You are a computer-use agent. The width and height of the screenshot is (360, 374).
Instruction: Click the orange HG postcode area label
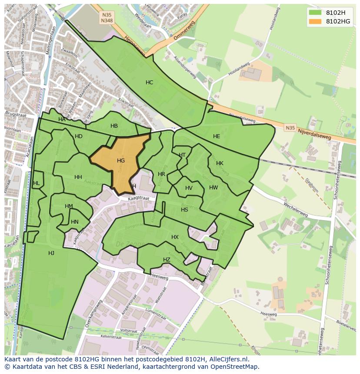pyautogui.click(x=121, y=161)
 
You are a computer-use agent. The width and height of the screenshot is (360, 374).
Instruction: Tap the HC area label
pyautogui.click(x=149, y=83)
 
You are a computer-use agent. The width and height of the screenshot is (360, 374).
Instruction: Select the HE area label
pyautogui.click(x=217, y=136)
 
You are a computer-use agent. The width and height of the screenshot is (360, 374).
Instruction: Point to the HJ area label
pyautogui.click(x=51, y=253)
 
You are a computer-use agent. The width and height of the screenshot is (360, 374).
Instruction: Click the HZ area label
pyautogui.click(x=167, y=260)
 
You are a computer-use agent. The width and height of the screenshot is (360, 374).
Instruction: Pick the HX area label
pyautogui.click(x=175, y=237)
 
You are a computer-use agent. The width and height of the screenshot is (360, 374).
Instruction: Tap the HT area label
pyautogui.click(x=182, y=155)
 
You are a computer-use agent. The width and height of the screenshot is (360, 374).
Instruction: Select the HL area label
pyautogui.click(x=36, y=183)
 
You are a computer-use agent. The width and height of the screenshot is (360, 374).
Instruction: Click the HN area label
pyautogui.click(x=75, y=222)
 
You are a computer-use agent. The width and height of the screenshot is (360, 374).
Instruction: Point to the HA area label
pyautogui.click(x=62, y=119)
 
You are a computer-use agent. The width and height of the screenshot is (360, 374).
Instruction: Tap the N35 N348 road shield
pyautogui.click(x=107, y=18)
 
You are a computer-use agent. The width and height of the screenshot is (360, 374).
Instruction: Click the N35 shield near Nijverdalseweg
pyautogui.click(x=290, y=128)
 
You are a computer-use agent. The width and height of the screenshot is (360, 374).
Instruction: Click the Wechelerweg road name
pyautogui.click(x=295, y=209)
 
